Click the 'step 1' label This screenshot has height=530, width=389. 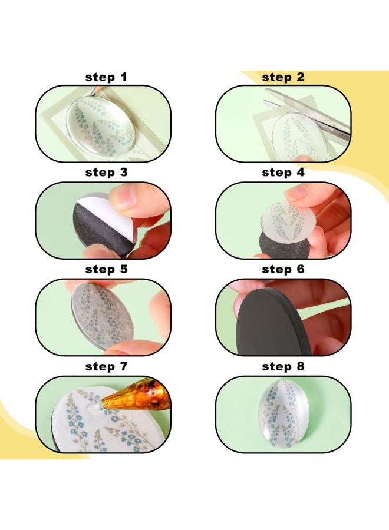pos(106,77)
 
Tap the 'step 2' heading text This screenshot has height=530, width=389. pos(283,77)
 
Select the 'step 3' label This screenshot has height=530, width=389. pos(106,173)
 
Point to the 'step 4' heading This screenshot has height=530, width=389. pos(283,173)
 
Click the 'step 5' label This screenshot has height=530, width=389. pos(106,269)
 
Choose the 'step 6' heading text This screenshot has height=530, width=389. pos(283,269)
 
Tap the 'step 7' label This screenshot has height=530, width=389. pos(106,366)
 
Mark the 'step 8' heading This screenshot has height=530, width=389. pos(283,366)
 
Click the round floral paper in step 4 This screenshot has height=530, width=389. pos(288,220)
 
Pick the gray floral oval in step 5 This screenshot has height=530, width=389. pos(102,316)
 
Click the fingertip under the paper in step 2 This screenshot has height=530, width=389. pos(304,159)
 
